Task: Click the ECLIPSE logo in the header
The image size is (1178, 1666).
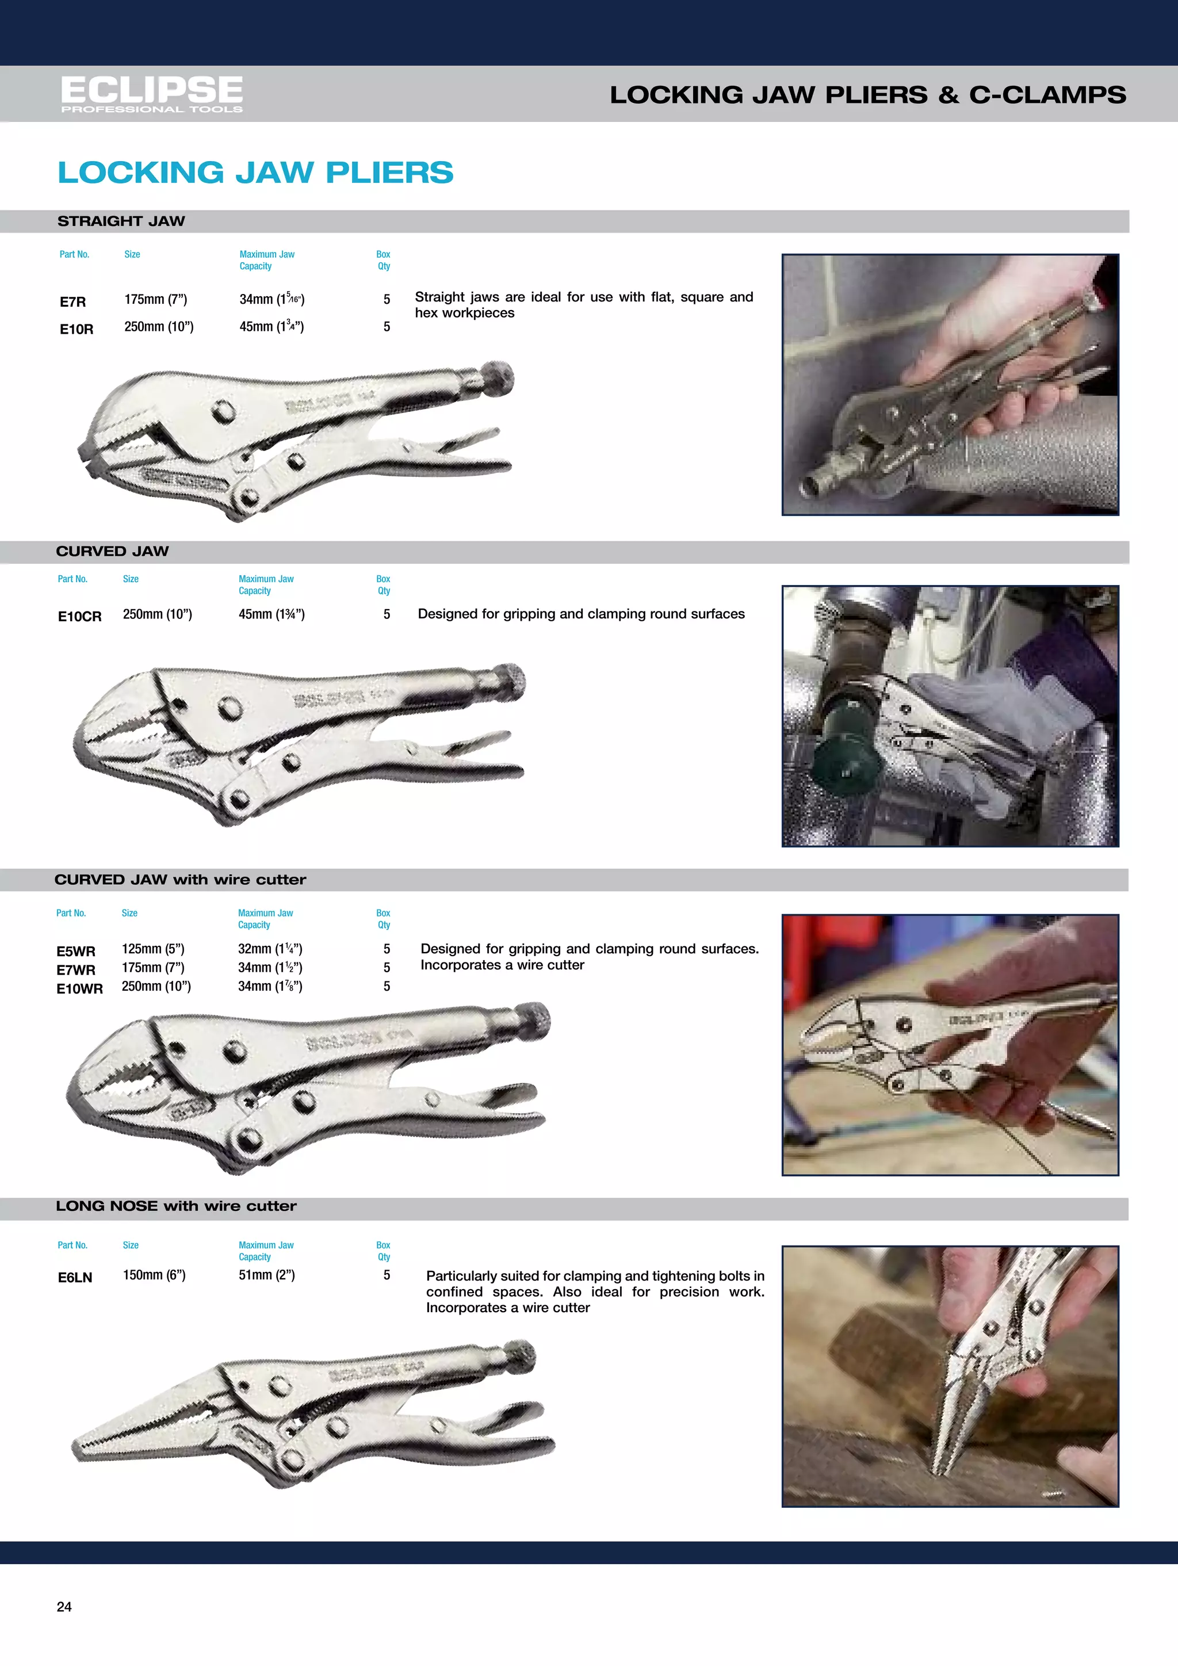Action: pyautogui.click(x=152, y=93)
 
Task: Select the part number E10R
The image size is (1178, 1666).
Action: pyautogui.click(x=76, y=328)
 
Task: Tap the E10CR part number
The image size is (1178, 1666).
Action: pyautogui.click(x=80, y=616)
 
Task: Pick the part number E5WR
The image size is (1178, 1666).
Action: pyautogui.click(x=75, y=950)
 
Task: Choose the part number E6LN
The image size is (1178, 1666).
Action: pyautogui.click(x=75, y=1277)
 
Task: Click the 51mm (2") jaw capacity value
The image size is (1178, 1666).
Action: pyautogui.click(x=266, y=1275)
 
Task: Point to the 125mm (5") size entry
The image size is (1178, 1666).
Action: pyautogui.click(x=153, y=949)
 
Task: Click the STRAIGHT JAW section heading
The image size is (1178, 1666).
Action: pyautogui.click(x=121, y=221)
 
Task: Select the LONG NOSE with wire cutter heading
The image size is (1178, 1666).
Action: pyautogui.click(x=176, y=1206)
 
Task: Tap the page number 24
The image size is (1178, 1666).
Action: pyautogui.click(x=64, y=1607)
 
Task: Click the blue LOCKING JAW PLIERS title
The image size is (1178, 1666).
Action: pyautogui.click(x=255, y=173)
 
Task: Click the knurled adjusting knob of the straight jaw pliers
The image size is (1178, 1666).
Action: pyautogui.click(x=497, y=378)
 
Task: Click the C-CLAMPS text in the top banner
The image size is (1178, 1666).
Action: pyautogui.click(x=1047, y=94)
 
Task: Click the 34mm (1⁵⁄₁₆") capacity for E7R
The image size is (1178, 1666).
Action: pyautogui.click(x=272, y=299)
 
